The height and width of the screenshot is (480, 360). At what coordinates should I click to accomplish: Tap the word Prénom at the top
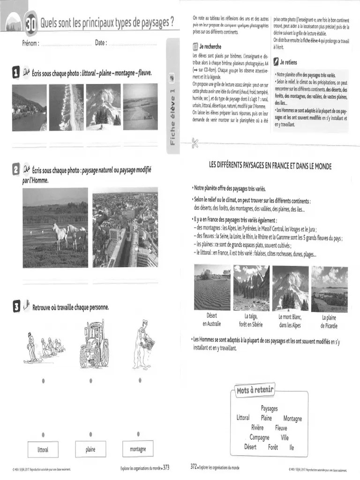[x=30, y=43]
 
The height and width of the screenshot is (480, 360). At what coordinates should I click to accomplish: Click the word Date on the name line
[x=100, y=43]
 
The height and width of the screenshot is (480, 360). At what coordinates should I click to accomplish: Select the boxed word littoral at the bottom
[x=43, y=450]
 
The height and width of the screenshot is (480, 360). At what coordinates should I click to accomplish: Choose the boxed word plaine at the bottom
[x=90, y=450]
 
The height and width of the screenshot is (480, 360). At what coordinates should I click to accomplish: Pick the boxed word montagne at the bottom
[x=138, y=450]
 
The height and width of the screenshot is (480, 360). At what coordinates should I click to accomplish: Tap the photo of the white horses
[x=55, y=227]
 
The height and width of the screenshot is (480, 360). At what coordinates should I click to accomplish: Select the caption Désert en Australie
[x=211, y=320]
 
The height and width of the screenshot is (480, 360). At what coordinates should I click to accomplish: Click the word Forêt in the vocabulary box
[x=273, y=447]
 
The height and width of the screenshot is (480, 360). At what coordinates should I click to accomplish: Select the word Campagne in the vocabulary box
[x=259, y=437]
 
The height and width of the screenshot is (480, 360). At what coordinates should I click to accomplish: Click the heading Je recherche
[x=210, y=47]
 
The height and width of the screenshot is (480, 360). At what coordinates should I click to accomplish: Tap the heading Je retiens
[x=288, y=62]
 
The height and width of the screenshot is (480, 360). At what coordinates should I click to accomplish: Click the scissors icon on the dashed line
[x=195, y=144]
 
